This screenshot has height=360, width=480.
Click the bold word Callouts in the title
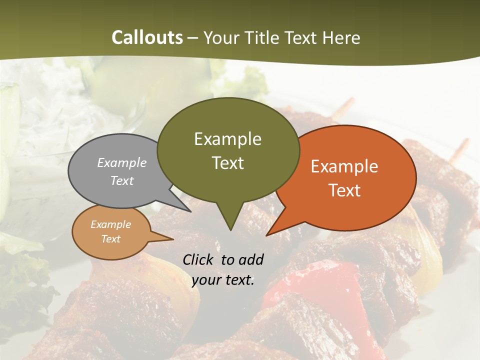point(147,37)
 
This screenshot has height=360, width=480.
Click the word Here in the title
point(342,37)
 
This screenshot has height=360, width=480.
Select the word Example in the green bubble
point(227,139)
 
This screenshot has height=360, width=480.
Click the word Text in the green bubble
point(227,163)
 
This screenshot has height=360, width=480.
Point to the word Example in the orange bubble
point(344,166)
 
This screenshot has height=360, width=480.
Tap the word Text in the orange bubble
point(344,190)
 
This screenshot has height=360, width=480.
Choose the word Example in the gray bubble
point(122,163)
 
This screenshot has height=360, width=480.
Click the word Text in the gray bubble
point(122,181)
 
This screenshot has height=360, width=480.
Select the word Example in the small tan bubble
point(110,225)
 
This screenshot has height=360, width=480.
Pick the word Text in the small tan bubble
point(110,239)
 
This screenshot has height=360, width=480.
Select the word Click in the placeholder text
point(199,259)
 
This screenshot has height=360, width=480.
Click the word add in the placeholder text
point(250,259)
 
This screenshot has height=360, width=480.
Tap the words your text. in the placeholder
point(223,280)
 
